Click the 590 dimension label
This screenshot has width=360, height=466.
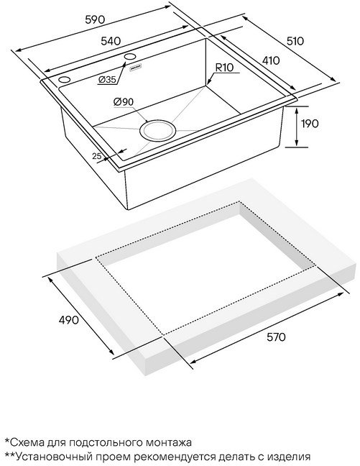click(x=95, y=19)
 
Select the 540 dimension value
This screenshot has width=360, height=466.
click(x=111, y=41)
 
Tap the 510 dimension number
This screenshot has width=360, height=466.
click(x=295, y=41)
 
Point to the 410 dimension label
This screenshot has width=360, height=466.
click(x=271, y=60)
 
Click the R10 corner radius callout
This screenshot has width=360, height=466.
click(x=224, y=68)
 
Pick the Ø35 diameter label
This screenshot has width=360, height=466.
click(x=107, y=79)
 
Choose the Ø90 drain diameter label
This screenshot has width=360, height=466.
click(x=124, y=102)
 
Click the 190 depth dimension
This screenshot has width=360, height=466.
click(x=310, y=124)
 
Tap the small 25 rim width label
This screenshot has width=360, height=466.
click(x=97, y=156)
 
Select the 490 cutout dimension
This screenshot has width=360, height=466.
click(x=68, y=320)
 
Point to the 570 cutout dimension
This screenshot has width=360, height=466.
click(x=276, y=337)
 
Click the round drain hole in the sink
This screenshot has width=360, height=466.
click(x=157, y=130)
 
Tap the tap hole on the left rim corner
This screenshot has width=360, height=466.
click(x=64, y=80)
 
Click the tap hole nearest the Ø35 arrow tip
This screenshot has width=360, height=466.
click(x=130, y=57)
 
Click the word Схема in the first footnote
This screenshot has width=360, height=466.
click(x=27, y=442)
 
